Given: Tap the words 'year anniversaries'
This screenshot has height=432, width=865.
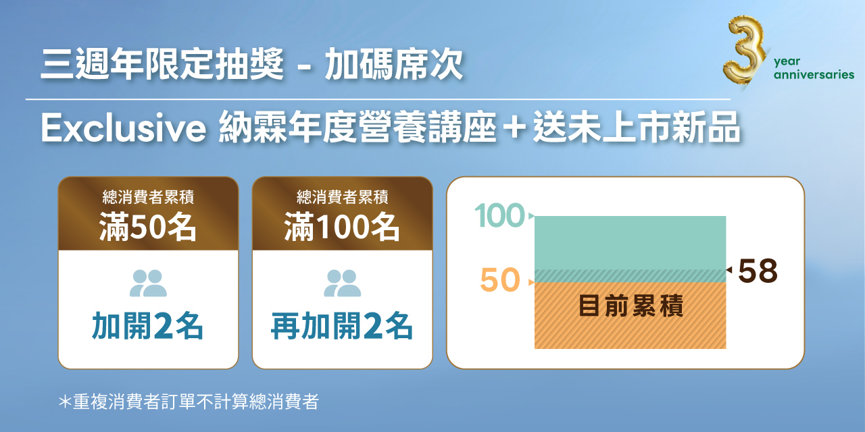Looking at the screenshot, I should [x=814, y=68].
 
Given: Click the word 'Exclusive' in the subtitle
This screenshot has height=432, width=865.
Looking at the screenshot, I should [x=123, y=129].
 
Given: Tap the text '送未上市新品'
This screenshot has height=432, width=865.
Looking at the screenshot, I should [x=637, y=129].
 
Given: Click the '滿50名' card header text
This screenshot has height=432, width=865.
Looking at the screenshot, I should [x=148, y=227].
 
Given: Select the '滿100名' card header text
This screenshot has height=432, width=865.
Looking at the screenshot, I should [x=342, y=227].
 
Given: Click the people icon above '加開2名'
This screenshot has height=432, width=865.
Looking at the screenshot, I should [x=148, y=283].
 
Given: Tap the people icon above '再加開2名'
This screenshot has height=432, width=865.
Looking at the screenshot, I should [x=342, y=283].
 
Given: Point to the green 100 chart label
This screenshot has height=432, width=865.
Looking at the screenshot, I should [x=499, y=217].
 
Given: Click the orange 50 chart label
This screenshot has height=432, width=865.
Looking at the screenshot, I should [x=500, y=281].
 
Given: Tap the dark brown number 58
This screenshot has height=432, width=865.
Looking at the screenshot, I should [x=758, y=271].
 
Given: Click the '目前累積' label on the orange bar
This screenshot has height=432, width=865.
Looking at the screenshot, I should [x=631, y=306].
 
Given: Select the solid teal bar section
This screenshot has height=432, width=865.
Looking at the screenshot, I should [x=630, y=242].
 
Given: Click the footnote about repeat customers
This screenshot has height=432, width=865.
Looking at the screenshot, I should [x=189, y=402].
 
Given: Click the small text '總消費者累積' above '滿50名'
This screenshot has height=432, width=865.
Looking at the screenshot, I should [x=148, y=198].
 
